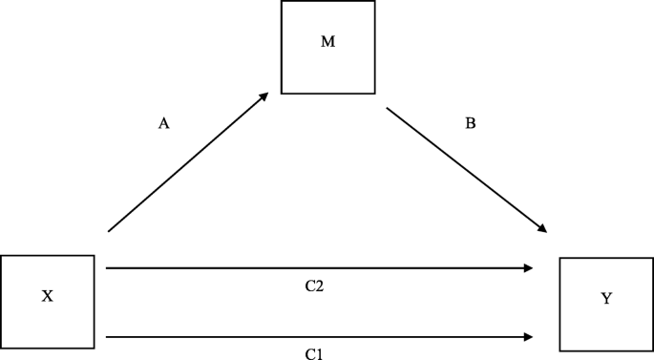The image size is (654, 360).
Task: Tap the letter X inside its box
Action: (x=47, y=297)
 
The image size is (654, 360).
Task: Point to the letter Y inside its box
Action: (x=606, y=299)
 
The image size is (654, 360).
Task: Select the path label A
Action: (x=163, y=123)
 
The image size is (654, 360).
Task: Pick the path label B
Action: (x=470, y=123)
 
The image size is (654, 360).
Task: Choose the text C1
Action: (x=314, y=354)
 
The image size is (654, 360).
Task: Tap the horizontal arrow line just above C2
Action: (x=315, y=268)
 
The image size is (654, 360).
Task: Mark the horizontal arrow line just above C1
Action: (x=315, y=336)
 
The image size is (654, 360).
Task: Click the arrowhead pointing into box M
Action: (x=265, y=95)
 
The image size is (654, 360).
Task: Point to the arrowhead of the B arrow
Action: (x=542, y=229)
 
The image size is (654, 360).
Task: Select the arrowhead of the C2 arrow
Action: (x=528, y=268)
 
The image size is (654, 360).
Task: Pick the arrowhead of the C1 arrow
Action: (x=528, y=336)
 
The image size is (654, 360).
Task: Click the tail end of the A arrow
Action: (x=109, y=231)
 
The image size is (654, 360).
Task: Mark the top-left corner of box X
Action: (x=1, y=256)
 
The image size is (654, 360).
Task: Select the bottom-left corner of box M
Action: (x=282, y=94)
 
